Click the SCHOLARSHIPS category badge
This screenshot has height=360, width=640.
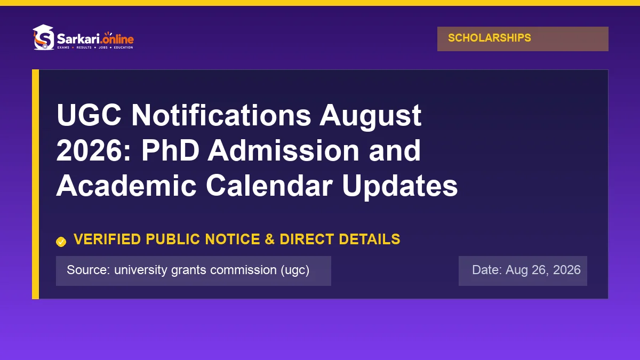pyautogui.click(x=523, y=39)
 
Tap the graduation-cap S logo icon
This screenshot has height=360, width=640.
pyautogui.click(x=43, y=37)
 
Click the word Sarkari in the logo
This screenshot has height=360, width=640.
pyautogui.click(x=78, y=38)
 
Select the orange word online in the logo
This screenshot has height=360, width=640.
pyautogui.click(x=118, y=38)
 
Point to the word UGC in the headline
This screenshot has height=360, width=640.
pyautogui.click(x=89, y=115)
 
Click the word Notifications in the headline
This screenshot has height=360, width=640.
pyautogui.click(x=221, y=115)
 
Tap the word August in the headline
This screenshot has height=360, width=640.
pyautogui.click(x=370, y=117)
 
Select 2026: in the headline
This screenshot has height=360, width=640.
pyautogui.click(x=93, y=150)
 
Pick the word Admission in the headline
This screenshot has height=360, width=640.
pyautogui.click(x=283, y=150)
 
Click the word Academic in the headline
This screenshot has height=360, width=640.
pyautogui.click(x=126, y=186)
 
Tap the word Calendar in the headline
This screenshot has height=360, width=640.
pyautogui.click(x=269, y=186)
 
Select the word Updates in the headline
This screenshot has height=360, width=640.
pyautogui.click(x=400, y=188)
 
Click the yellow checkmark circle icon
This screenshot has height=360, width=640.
pyautogui.click(x=61, y=242)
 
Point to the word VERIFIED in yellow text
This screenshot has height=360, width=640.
pyautogui.click(x=107, y=239)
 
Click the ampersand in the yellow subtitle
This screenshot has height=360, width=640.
pyautogui.click(x=270, y=239)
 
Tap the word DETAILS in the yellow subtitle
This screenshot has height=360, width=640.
pyautogui.click(x=370, y=239)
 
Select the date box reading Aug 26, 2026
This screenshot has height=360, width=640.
pyautogui.click(x=523, y=271)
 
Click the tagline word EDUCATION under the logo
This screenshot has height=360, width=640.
pyautogui.click(x=123, y=47)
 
